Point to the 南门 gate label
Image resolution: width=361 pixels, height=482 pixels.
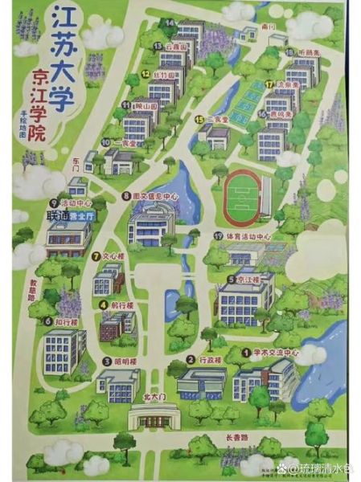coord(269,27)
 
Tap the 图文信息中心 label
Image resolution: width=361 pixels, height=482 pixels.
coord(154,195)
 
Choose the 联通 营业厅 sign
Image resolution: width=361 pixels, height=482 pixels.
coord(68,216)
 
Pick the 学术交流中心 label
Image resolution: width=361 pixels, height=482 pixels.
coord(275,353)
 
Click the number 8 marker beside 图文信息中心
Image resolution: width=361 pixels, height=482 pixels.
coord(125,195)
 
